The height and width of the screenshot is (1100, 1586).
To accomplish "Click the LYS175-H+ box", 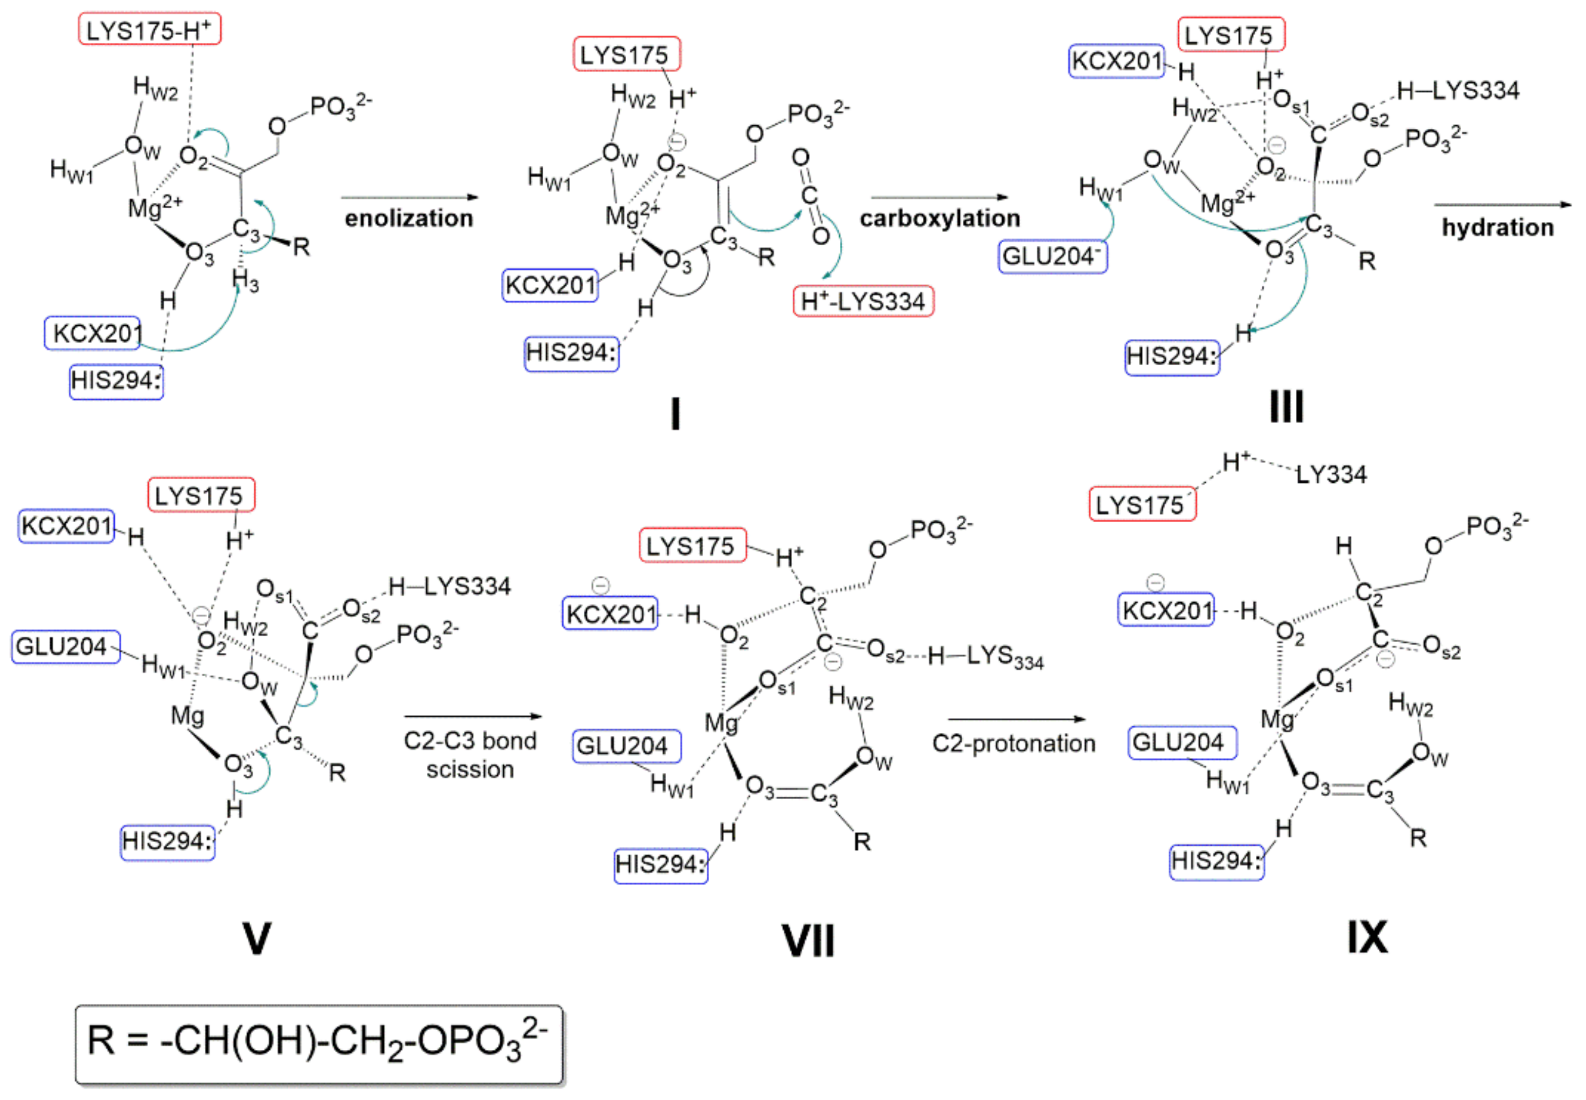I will click(150, 30).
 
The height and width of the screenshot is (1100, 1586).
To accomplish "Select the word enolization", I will click(409, 218).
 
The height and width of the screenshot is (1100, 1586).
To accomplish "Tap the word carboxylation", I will click(939, 218).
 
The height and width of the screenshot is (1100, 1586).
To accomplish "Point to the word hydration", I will click(1498, 227).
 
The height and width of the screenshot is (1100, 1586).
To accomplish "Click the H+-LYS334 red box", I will click(863, 301).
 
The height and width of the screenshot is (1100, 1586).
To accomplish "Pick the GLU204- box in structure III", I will click(1052, 256).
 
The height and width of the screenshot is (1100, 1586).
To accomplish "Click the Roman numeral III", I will click(1286, 407).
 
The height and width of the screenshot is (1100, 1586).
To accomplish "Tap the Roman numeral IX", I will click(1368, 937).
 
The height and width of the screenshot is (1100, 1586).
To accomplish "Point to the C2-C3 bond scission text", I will click(470, 755).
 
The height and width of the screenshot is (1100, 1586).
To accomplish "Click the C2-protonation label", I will click(1013, 744).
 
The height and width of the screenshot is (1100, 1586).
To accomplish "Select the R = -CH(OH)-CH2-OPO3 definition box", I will click(318, 1043).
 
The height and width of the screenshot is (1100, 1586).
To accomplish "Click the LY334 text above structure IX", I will click(1331, 474).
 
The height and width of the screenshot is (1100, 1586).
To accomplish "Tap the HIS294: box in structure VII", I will click(660, 864).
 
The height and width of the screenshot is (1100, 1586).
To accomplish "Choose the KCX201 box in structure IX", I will click(1166, 610).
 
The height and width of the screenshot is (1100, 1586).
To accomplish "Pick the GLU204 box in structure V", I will click(65, 647).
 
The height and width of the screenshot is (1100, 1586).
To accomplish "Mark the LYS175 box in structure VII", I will click(692, 547).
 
